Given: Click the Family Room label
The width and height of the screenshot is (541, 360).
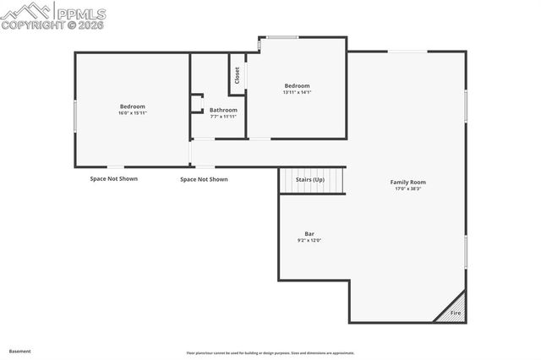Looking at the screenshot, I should pos(407,182).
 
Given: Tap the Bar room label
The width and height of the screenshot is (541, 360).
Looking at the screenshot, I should pos(309,233).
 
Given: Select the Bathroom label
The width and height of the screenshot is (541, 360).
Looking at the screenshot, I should pos(223,110).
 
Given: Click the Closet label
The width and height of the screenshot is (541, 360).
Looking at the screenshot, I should pos(238,75).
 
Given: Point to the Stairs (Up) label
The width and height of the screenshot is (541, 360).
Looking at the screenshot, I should pos(309,180).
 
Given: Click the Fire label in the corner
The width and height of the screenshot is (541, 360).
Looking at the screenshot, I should pos(455,314).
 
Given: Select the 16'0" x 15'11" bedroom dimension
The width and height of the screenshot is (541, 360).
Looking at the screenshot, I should pos(133,113).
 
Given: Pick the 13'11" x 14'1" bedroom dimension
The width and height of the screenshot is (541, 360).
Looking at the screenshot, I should pos(297,92).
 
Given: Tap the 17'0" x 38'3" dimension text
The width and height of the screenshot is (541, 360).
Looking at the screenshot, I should pos(407,188).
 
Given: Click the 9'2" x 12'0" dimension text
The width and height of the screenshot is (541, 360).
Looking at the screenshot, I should pos(309,241).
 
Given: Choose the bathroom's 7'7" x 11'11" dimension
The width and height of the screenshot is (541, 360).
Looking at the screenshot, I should pos(223,117).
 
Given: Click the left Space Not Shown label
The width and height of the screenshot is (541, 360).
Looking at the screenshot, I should pos(113,178).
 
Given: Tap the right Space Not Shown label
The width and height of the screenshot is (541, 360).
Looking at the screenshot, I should pos(204,179).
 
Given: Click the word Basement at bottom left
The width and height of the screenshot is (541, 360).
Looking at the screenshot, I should pos(19,351).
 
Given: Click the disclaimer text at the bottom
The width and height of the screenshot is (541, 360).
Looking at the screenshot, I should pos(270,353).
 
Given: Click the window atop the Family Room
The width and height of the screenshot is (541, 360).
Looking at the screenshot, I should pos(407,52).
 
